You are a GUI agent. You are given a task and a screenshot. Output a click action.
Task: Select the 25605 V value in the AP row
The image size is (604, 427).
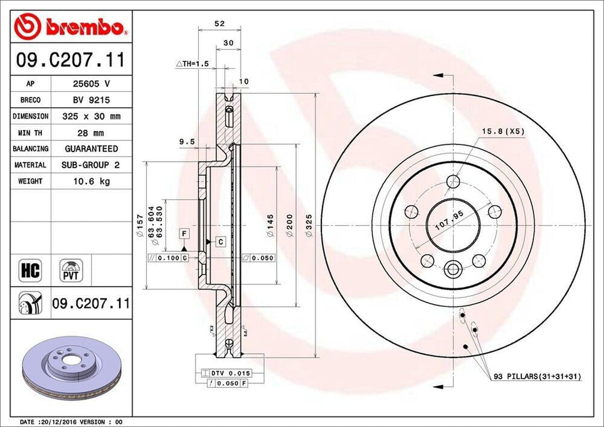click(91, 84)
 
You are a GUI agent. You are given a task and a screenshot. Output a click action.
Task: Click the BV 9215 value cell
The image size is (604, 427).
click(91, 100)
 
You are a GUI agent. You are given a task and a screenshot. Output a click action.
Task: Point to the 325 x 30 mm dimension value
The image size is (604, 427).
click(91, 116)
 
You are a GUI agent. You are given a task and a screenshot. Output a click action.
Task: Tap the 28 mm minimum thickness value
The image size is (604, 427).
click(91, 133)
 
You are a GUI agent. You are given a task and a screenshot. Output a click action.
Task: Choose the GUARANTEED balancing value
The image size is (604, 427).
click(91, 149)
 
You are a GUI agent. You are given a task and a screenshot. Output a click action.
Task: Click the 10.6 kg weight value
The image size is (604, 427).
click(91, 181)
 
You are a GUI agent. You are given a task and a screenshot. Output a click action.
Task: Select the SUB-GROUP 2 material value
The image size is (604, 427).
click(91, 165)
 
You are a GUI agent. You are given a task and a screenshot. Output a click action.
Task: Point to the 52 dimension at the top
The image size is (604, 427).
click(219, 24)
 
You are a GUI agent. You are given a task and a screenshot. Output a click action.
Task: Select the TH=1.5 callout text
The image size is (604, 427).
click(193, 63)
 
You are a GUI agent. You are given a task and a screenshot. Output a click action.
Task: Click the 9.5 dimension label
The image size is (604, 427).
click(187, 142)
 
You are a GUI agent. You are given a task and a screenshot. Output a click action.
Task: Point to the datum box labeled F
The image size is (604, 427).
click(185, 234)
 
